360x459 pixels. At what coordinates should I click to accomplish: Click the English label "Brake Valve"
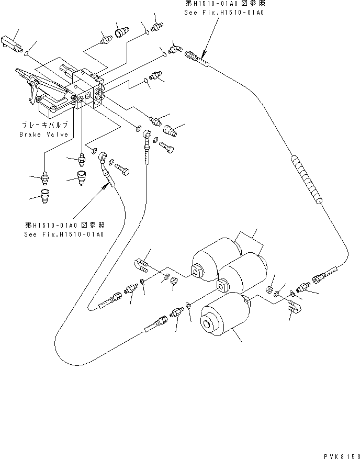[44, 134]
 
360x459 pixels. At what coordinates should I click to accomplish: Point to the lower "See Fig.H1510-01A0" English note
[64, 234]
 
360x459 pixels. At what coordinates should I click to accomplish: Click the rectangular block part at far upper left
[11, 41]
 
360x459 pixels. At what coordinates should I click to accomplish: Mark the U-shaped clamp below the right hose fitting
[294, 308]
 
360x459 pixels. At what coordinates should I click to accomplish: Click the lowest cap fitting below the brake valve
[47, 198]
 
